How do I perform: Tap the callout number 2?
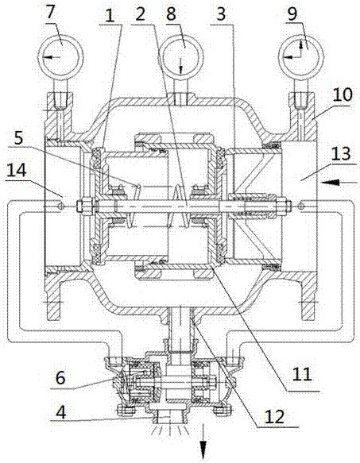click(141, 14)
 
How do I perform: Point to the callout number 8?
click(171, 14)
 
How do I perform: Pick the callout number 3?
click(222, 14)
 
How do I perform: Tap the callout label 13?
click(342, 153)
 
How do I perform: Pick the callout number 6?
click(60, 378)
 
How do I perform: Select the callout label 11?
click(302, 373)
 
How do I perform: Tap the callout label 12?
click(275, 416)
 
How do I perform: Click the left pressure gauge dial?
click(60, 56)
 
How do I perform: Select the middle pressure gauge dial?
click(182, 56)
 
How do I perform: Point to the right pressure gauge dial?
click(301, 56)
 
